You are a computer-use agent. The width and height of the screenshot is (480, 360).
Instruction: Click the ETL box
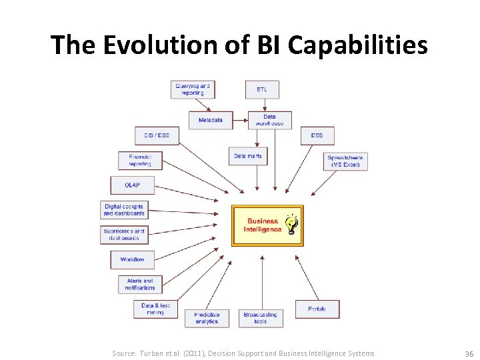pos(263,89)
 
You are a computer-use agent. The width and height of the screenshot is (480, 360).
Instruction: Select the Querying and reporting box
pos(193,89)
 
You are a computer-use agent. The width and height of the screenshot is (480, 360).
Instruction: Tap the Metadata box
pos(211,120)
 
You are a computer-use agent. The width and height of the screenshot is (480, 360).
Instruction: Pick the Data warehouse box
pos(269,120)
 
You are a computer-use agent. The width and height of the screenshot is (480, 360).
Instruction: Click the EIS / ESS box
pos(157,135)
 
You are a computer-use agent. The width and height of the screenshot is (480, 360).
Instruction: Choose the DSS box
pos(317,135)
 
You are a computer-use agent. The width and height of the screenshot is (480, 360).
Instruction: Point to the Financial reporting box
pos(140,161)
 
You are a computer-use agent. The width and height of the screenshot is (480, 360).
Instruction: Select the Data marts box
pos(248,156)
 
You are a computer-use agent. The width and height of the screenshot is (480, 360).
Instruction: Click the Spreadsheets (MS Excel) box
pos(345,161)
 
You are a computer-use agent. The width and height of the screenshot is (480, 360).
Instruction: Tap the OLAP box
pos(132,185)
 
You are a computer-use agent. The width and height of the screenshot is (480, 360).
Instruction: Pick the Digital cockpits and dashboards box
pos(124,210)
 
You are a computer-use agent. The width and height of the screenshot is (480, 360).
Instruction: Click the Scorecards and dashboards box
pos(124,235)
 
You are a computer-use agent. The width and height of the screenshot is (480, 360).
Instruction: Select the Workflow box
pos(132,259)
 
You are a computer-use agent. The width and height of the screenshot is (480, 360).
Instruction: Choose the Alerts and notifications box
pos(140,284)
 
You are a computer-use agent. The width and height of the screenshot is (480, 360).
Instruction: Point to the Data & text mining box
pos(156,309)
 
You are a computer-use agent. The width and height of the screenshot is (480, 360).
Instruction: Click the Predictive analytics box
pos(207,318)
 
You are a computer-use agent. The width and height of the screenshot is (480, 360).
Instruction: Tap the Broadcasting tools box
pos(261,318)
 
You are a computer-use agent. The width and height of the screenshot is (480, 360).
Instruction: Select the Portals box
pos(317,309)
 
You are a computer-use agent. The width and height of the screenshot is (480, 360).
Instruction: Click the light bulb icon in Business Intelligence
pos(292,225)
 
